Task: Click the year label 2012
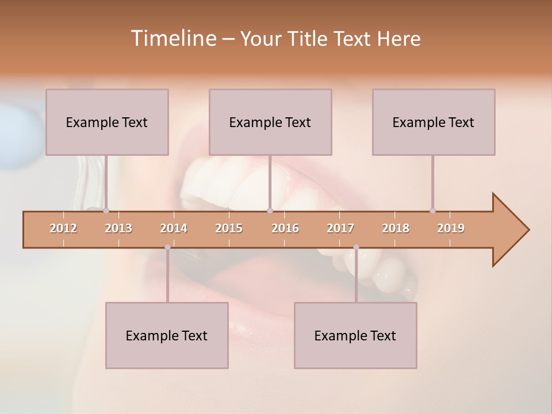(x=63, y=229)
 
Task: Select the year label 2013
(x=118, y=229)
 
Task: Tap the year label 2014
(x=174, y=229)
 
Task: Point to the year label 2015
(x=229, y=229)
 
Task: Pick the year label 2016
(x=285, y=229)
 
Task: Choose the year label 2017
(x=340, y=229)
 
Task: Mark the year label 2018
(x=396, y=229)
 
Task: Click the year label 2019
(x=451, y=229)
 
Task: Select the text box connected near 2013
(x=107, y=122)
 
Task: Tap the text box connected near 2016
(x=270, y=122)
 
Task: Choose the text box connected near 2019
(x=434, y=122)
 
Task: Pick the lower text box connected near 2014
(x=167, y=335)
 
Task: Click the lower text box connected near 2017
(x=355, y=335)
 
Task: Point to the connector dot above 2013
(x=106, y=211)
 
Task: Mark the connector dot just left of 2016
(x=270, y=211)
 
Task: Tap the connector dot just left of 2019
(x=432, y=211)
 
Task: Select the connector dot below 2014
(x=167, y=247)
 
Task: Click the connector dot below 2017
(x=356, y=247)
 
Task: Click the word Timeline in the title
(x=172, y=39)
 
